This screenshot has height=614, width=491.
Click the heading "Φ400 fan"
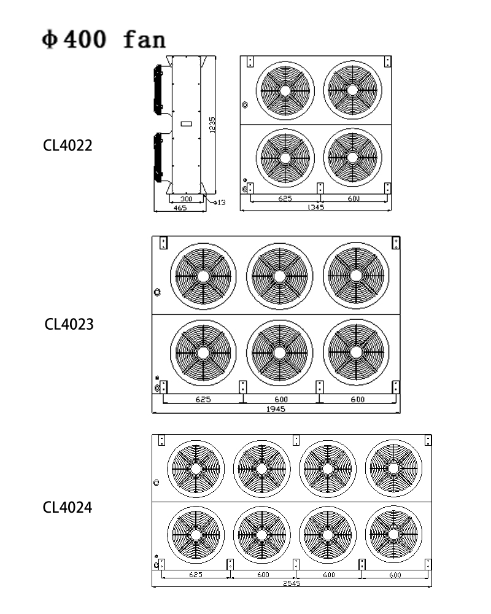click(x=103, y=39)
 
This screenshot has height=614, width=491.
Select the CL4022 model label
click(x=68, y=146)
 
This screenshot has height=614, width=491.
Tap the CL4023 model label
click(x=69, y=324)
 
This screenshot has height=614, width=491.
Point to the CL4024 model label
click(x=68, y=507)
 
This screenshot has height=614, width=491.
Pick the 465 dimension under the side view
click(x=180, y=208)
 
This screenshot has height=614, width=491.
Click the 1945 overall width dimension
click(x=276, y=409)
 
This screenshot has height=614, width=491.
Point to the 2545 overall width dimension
click(x=291, y=583)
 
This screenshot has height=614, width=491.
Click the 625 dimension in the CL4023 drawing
click(x=203, y=399)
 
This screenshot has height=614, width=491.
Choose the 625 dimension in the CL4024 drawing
click(x=195, y=575)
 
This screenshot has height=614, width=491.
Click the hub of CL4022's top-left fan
click(x=285, y=90)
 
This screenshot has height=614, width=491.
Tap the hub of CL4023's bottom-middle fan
click(x=280, y=352)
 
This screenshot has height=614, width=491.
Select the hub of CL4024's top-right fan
click(x=393, y=468)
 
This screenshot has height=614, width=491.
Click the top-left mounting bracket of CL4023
click(x=163, y=243)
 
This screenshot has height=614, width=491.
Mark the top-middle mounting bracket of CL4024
click(x=296, y=440)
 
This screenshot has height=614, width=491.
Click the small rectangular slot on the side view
click(x=187, y=124)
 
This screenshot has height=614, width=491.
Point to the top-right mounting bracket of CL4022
click(x=387, y=61)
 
